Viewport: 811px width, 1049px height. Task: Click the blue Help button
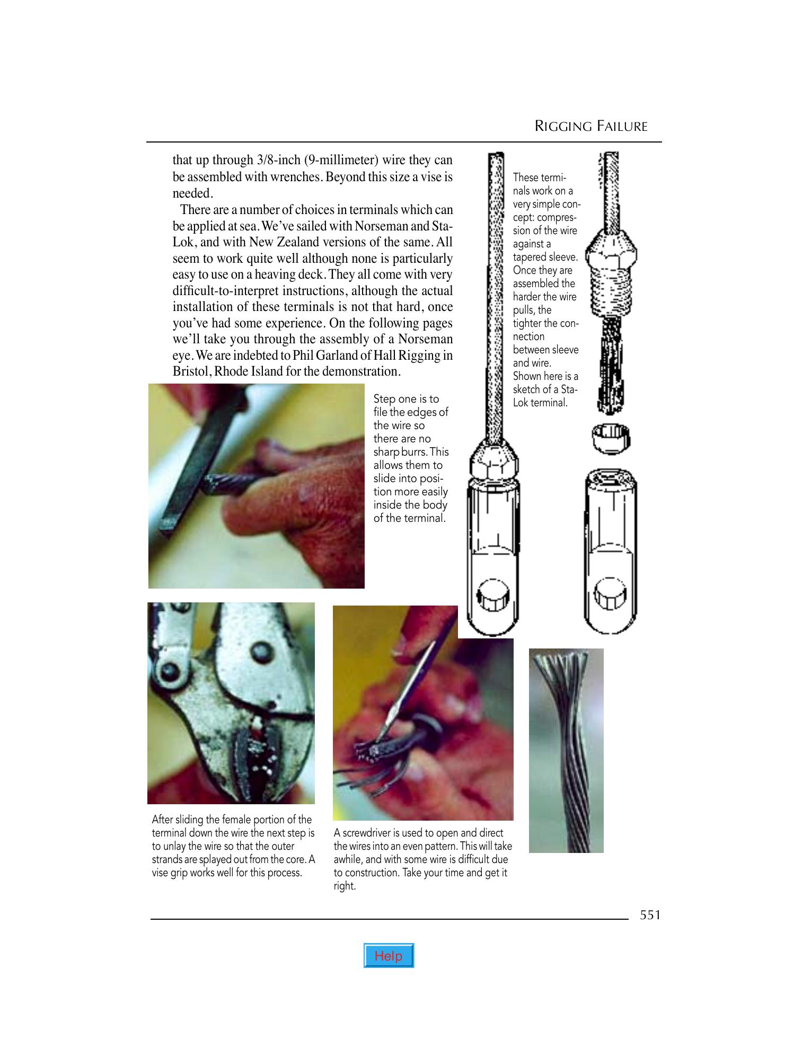[389, 955]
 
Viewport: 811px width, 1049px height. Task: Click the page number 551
[650, 915]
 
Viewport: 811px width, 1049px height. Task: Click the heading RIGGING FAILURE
[590, 126]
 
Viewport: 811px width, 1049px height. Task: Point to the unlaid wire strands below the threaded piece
[612, 360]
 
